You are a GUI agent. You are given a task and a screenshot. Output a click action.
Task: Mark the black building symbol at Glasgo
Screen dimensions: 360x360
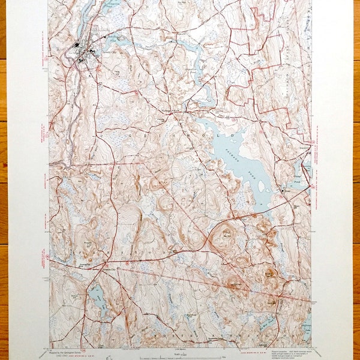click(x=283, y=191)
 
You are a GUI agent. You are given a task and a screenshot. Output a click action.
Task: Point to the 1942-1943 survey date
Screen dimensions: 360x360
click(x=63, y=355)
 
